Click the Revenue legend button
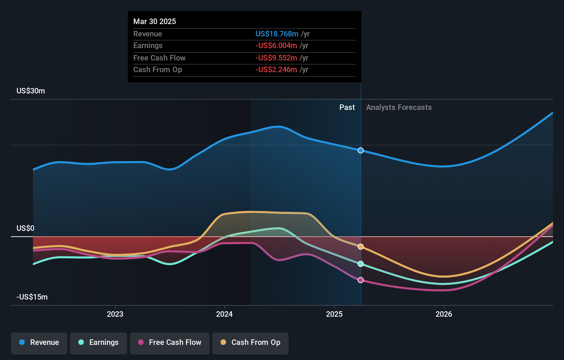click(39, 343)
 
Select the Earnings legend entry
click(98, 343)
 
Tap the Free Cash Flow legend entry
click(169, 343)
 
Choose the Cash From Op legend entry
click(250, 343)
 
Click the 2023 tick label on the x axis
click(115, 314)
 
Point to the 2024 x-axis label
click(224, 314)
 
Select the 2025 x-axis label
click(334, 314)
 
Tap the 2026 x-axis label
click(443, 314)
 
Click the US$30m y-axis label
click(31, 91)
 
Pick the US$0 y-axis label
click(25, 228)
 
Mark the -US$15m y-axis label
click(32, 297)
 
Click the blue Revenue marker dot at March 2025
click(360, 150)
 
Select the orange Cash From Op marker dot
click(360, 247)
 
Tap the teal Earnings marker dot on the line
click(360, 264)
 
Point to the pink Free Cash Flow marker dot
click(360, 280)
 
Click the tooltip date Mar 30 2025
click(155, 22)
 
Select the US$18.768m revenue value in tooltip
click(277, 34)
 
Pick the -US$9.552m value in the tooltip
click(276, 58)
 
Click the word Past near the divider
click(347, 108)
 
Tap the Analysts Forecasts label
click(398, 108)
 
